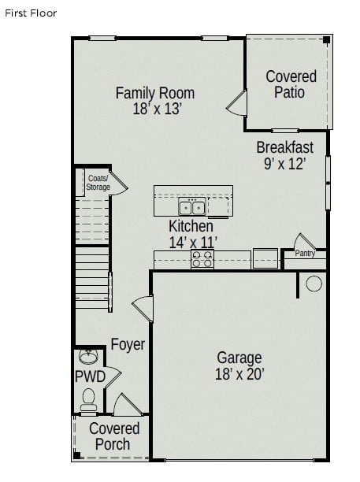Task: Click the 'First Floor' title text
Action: (x=31, y=13)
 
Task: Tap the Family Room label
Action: (x=154, y=93)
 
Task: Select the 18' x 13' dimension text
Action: (x=158, y=109)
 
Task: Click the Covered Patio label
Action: (x=291, y=84)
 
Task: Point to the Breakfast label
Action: (x=284, y=147)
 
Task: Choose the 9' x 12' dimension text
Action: (x=284, y=164)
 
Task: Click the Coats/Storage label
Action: (x=98, y=183)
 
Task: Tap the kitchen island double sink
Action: (x=191, y=208)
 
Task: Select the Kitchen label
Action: (x=191, y=227)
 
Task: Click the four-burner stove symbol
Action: (x=202, y=258)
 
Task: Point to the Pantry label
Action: (x=305, y=254)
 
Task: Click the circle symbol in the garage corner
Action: (x=314, y=284)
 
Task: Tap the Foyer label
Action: (x=127, y=344)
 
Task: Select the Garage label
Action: (x=239, y=357)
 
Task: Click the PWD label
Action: (x=90, y=376)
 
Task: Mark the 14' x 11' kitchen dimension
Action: (x=193, y=243)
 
